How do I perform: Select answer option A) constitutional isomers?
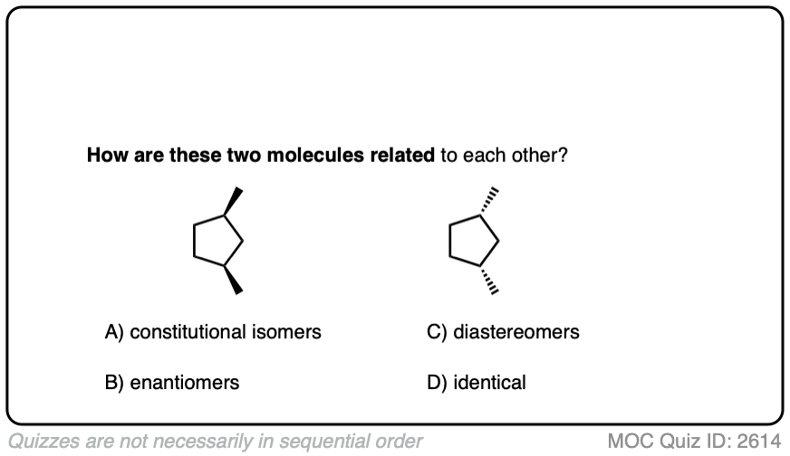click(x=213, y=332)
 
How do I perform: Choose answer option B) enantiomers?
click(x=172, y=383)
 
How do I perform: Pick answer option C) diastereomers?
click(x=503, y=332)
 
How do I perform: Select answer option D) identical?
click(x=476, y=383)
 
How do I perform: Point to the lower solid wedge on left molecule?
click(x=234, y=279)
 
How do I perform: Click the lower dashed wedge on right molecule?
click(x=490, y=279)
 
